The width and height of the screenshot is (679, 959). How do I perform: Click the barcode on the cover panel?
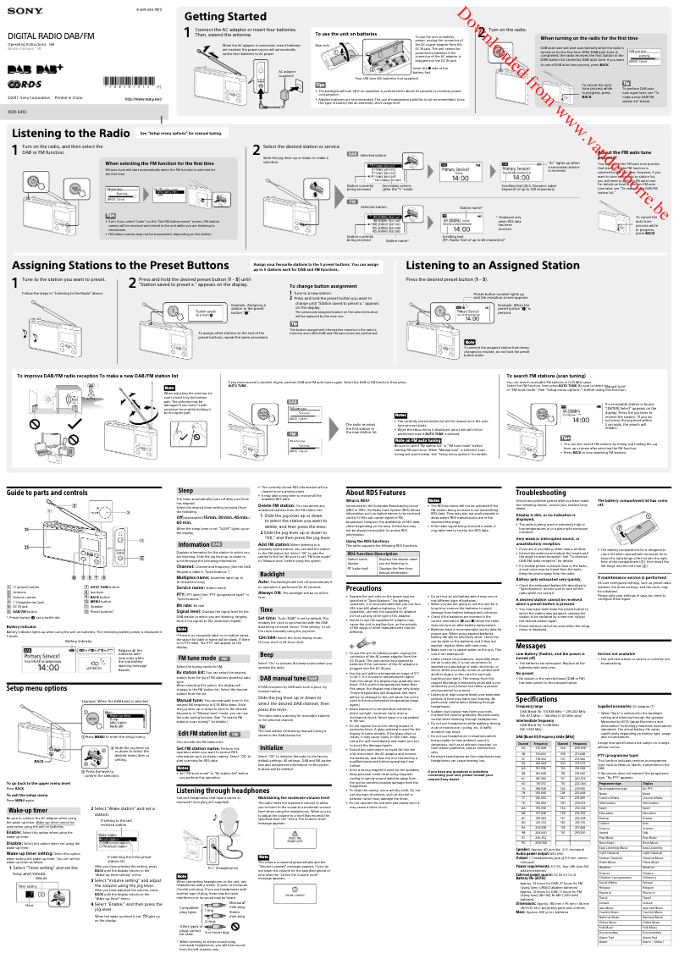point(131,81)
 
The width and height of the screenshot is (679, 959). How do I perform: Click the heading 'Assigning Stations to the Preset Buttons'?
point(110,264)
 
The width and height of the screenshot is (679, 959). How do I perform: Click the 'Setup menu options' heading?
point(38,642)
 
